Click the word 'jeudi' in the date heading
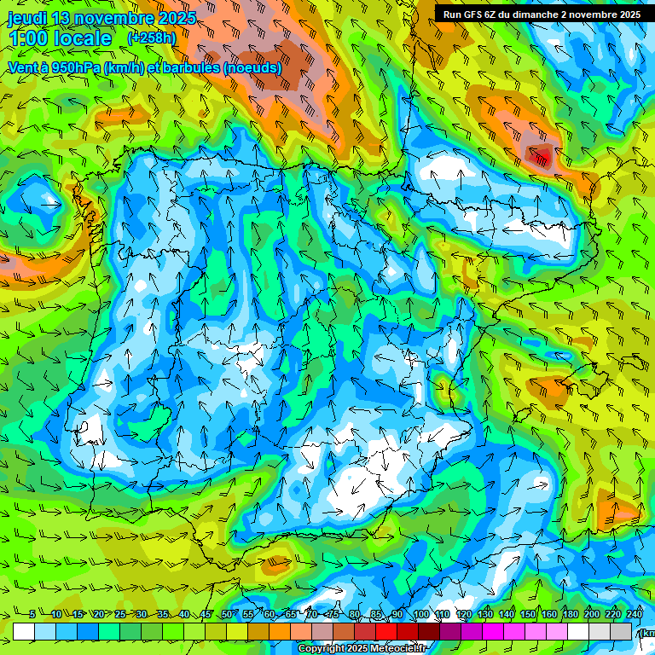pyautogui.click(x=29, y=18)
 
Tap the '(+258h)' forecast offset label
pyautogui.click(x=151, y=38)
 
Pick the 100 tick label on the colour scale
pyautogui.click(x=420, y=615)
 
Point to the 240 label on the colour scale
pyautogui.click(x=634, y=615)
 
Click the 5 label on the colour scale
pyautogui.click(x=32, y=615)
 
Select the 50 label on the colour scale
pyautogui.click(x=227, y=615)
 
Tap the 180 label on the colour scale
pyautogui.click(x=569, y=615)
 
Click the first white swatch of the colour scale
pyautogui.click(x=23, y=631)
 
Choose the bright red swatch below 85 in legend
pyautogui.click(x=386, y=631)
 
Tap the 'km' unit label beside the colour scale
pyautogui.click(x=648, y=632)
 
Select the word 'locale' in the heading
pyautogui.click(x=82, y=39)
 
